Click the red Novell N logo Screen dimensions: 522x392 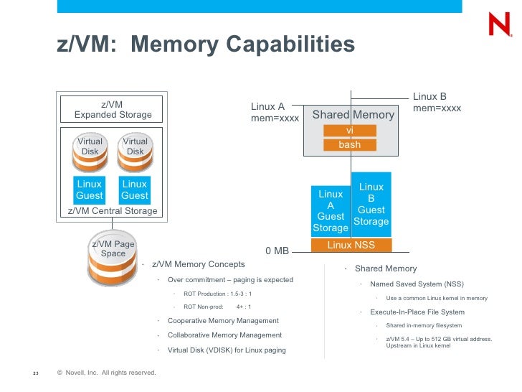500,24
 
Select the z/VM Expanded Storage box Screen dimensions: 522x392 112,109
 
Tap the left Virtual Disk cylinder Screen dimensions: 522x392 90,152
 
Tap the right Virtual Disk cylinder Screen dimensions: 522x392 135,152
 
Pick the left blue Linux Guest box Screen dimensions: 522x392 89,190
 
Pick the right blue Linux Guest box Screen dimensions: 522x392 135,190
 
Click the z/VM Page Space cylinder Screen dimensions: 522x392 113,258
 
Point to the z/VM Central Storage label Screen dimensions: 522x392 113,211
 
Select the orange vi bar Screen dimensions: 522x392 350,131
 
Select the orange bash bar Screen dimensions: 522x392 350,145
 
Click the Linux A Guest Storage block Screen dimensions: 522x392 331,211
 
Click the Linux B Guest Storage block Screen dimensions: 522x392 371,205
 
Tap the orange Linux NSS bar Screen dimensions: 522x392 351,245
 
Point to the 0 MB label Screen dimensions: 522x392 277,251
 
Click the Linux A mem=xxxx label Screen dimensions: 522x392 275,112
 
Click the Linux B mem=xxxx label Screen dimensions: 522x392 437,103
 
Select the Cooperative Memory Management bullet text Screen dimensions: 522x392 223,321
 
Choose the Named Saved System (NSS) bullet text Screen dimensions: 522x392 417,284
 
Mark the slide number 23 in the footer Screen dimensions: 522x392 36,373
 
